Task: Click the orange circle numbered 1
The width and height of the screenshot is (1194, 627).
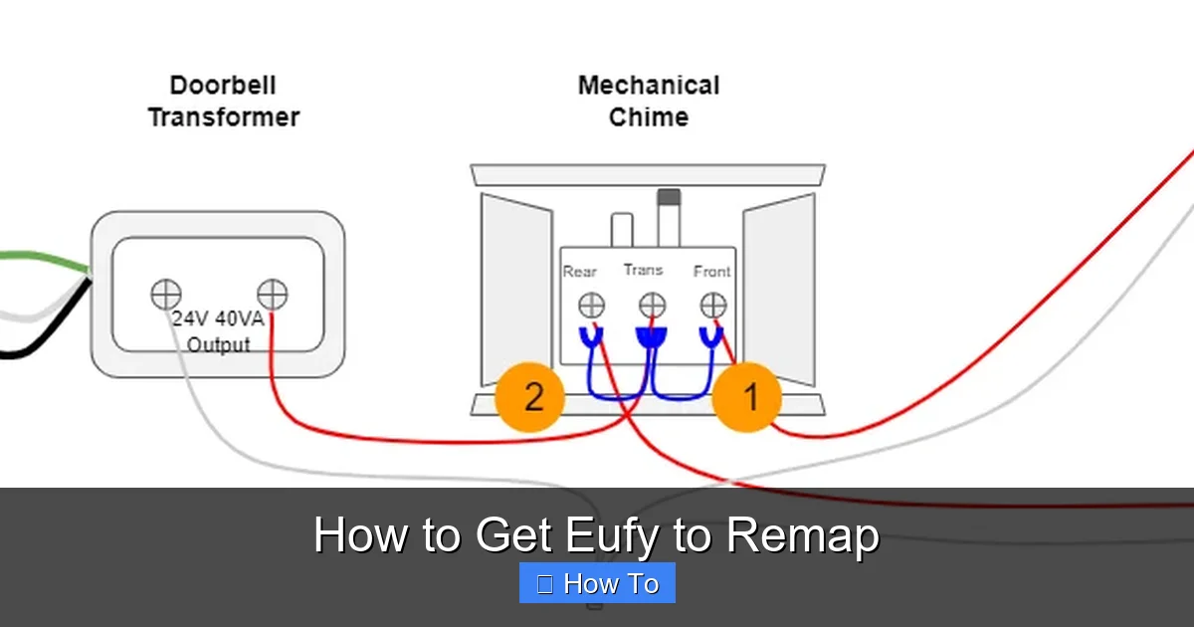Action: click(x=747, y=398)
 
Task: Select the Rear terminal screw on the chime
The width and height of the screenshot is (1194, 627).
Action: click(x=592, y=305)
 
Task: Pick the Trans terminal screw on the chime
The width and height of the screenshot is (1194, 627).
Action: click(x=652, y=305)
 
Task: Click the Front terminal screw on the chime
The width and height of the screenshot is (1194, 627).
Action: click(x=712, y=305)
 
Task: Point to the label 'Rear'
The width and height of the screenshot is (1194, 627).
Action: click(x=580, y=271)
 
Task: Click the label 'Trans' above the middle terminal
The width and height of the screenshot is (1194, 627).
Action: click(x=643, y=270)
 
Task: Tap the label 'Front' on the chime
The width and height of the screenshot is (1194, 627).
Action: click(x=711, y=271)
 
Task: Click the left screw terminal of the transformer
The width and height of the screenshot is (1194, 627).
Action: click(x=166, y=295)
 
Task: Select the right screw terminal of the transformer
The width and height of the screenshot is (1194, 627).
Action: click(x=272, y=295)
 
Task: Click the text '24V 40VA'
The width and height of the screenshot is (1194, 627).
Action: click(x=217, y=319)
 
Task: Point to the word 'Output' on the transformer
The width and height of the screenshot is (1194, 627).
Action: click(x=219, y=345)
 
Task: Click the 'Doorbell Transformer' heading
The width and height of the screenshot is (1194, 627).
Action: click(x=223, y=102)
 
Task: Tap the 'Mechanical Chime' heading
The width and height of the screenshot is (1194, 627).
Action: click(x=649, y=102)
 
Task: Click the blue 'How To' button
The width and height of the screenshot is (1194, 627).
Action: click(x=597, y=583)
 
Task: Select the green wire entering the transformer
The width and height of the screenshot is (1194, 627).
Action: click(x=40, y=260)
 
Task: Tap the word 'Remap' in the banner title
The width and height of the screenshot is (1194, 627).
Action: click(x=802, y=535)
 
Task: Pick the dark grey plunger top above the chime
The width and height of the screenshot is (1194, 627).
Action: click(x=669, y=197)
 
